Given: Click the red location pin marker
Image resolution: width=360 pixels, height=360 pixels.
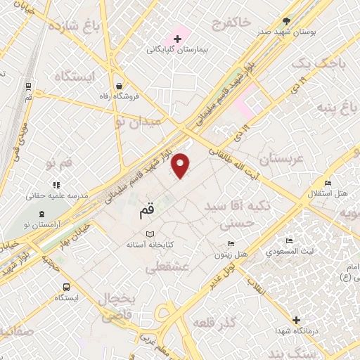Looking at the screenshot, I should point(181,165).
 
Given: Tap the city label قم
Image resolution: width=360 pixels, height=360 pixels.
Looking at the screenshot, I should point(141,208).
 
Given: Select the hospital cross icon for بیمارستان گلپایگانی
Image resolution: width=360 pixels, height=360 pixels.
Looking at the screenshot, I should point(176,38).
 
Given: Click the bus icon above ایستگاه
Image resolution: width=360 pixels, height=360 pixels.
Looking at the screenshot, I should point(65,287).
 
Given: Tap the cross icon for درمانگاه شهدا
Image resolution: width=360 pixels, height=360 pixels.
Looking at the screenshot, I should point(296,321).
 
